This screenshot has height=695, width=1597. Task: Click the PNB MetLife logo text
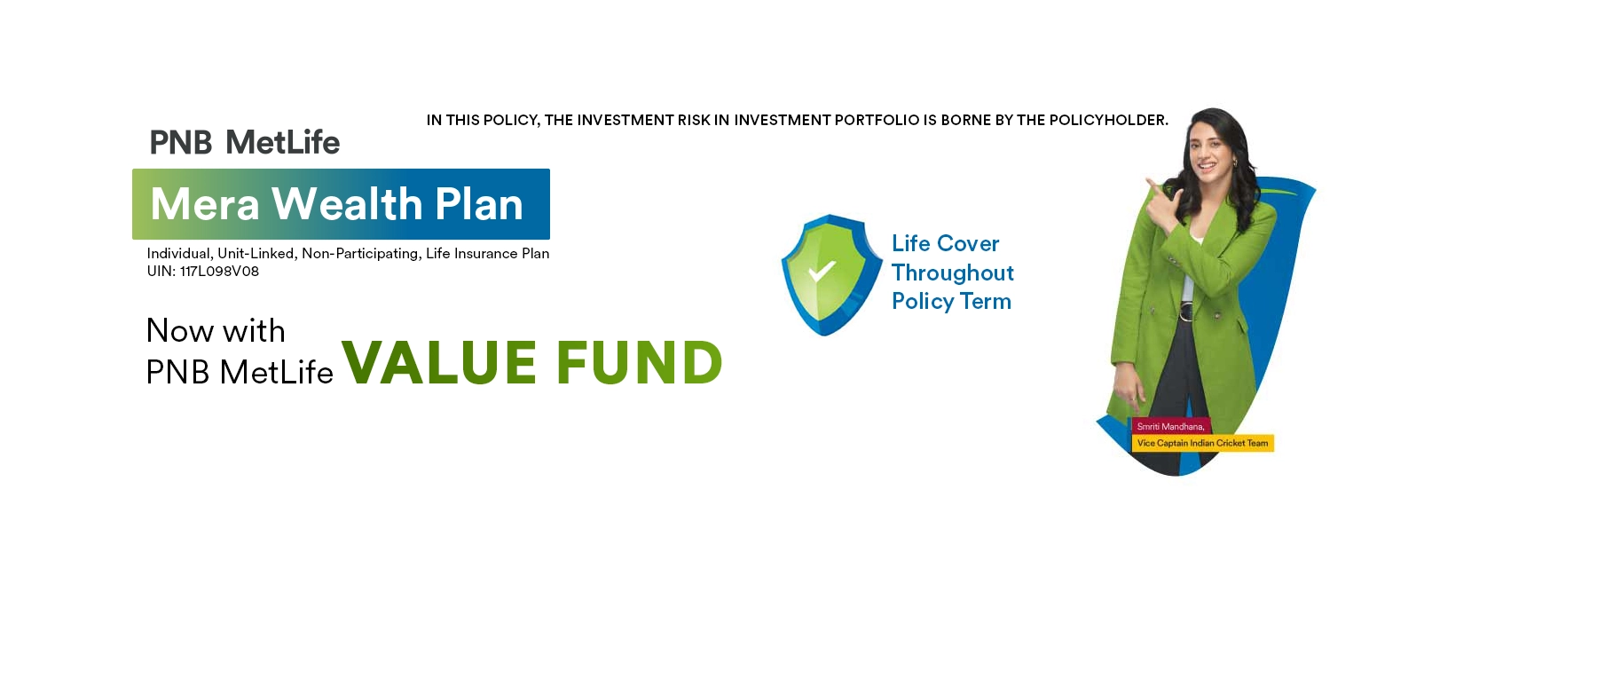pos(245,142)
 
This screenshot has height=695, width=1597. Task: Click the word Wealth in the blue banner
pos(347,203)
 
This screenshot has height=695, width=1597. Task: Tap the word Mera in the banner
pos(205,204)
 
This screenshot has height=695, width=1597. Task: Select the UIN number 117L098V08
pos(219,272)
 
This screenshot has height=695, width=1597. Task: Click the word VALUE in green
pos(439,362)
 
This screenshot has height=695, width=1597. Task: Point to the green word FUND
pos(639,362)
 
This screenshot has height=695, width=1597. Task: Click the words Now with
pos(216,331)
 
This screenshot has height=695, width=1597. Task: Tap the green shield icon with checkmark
pos(831,274)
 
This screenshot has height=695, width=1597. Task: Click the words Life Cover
pos(945,243)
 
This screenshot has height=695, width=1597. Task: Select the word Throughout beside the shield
pos(953,272)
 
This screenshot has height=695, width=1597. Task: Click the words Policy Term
pos(951,302)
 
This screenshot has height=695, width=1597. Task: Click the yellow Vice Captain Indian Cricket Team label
pos(1203,443)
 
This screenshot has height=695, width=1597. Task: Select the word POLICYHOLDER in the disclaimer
pos(1108,120)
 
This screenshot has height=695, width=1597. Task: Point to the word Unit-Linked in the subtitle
pos(257,254)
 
